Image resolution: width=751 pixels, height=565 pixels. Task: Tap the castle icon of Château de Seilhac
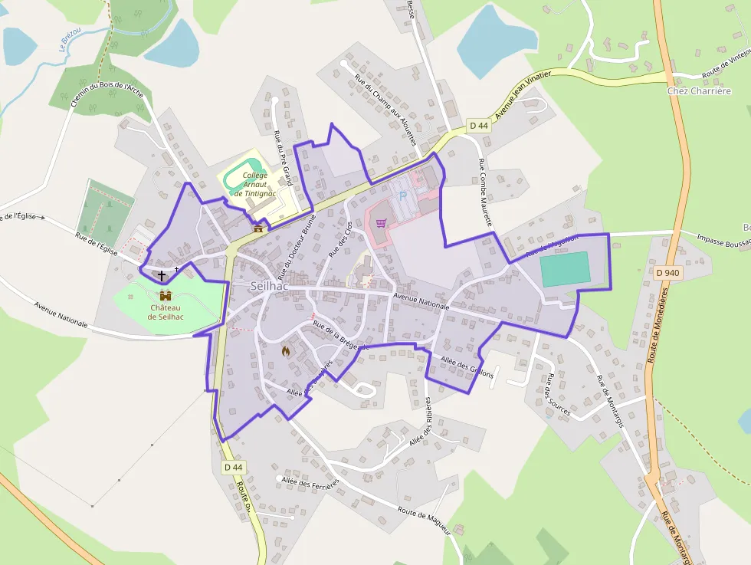(x=165, y=295)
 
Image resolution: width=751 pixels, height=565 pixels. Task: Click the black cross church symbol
(x=162, y=274)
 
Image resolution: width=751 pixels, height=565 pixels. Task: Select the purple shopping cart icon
(x=381, y=222)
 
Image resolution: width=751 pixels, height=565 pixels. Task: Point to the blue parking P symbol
(x=402, y=196)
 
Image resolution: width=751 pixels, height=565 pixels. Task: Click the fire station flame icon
(x=286, y=351)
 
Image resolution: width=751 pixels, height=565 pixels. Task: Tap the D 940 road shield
(x=668, y=272)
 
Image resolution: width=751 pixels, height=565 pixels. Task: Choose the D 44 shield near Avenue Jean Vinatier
(x=479, y=125)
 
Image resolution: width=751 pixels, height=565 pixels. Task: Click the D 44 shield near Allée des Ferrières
(x=234, y=467)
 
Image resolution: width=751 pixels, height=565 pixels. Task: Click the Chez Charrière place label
(x=699, y=90)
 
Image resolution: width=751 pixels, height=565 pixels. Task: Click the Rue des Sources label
(x=557, y=394)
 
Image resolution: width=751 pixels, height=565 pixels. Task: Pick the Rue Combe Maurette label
(x=485, y=192)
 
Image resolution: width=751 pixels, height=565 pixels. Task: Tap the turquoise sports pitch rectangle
(x=566, y=269)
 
